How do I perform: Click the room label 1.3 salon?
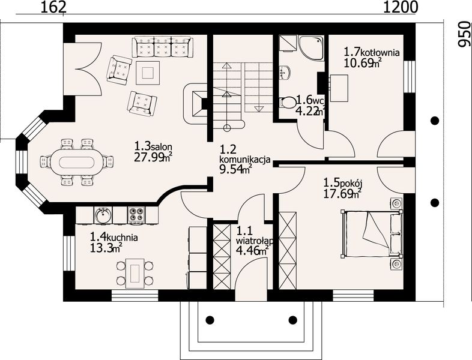coord(153,146)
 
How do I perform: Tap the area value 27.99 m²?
coord(153,157)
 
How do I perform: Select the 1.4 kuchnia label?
coord(114,236)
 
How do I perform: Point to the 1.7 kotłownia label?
coord(372,52)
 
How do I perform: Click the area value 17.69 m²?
coord(342,193)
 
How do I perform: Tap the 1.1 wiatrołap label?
coord(255,235)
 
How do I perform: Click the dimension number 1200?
coord(401,7)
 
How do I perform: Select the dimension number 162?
coord(53,7)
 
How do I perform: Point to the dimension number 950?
coord(464,34)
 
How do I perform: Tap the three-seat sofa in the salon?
coord(162,47)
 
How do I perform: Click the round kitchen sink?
coord(103,215)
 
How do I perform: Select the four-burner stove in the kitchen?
coord(136,215)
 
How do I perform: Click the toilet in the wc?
coord(288,103)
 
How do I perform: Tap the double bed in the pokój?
coord(372,234)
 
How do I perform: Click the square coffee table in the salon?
coord(148,73)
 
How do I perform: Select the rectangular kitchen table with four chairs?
coord(133,272)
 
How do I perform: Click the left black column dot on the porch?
coord(210,320)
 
